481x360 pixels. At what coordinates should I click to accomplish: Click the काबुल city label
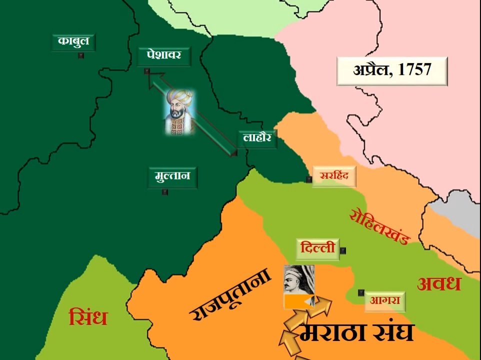pos(73,42)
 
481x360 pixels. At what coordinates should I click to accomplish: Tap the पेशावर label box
pos(164,55)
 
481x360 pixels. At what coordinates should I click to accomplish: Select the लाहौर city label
pos(257,138)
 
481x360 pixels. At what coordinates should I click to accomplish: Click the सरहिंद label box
pos(334,176)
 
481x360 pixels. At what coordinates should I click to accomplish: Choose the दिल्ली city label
pos(317,248)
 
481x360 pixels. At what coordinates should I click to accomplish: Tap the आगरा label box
pos(384,300)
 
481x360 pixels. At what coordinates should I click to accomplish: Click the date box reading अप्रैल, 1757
pos(392,70)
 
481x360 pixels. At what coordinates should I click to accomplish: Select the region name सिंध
pos(88,317)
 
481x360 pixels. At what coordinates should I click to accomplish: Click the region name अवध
pos(438,284)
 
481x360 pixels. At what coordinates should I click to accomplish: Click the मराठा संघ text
pos(356,332)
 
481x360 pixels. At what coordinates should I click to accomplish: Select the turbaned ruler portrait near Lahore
pos(179,112)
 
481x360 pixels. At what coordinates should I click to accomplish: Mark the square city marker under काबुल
pos(81,56)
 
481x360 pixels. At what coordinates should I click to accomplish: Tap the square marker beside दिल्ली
pos(343,250)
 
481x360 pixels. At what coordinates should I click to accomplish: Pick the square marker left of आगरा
pos(360,292)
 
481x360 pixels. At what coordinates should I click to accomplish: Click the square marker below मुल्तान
pos(165,191)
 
